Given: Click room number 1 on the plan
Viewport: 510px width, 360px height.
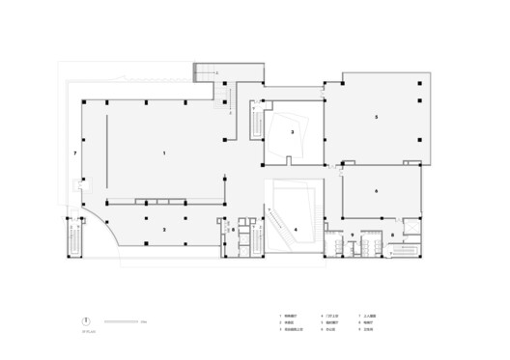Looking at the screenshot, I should [x=165, y=153].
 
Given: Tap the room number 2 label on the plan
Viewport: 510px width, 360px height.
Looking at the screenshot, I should [x=165, y=229].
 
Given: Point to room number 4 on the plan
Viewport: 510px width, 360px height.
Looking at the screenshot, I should [x=296, y=229].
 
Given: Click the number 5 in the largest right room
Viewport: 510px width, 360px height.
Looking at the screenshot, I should [x=377, y=118].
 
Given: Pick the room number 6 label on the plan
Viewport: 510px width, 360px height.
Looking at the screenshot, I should [x=376, y=191].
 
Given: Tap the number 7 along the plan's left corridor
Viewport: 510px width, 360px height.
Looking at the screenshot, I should [x=73, y=153].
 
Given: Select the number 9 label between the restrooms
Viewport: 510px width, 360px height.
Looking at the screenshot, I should [x=353, y=235].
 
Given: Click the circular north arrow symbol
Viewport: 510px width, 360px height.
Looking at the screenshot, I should [x=86, y=321].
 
